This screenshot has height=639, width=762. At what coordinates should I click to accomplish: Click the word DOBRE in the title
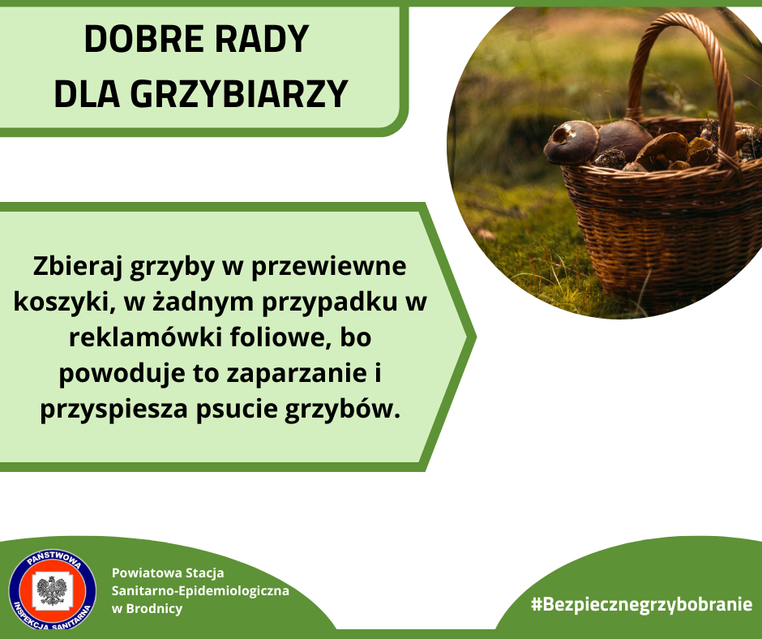point(143,38)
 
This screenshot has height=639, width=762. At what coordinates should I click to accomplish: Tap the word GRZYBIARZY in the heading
point(239,94)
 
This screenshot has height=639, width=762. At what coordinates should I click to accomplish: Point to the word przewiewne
point(328,267)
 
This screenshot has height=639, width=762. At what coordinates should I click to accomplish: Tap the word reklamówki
point(145,337)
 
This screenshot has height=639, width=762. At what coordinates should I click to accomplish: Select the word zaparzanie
point(297,374)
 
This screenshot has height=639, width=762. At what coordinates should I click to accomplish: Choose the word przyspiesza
point(113,410)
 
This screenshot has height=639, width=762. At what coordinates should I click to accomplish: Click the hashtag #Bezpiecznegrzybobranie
point(641,604)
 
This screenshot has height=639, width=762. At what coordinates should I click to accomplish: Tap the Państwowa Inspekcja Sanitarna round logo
point(53,590)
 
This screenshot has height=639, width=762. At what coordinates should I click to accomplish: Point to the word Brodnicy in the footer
point(154,609)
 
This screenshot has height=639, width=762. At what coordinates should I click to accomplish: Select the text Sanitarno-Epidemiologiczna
point(200,591)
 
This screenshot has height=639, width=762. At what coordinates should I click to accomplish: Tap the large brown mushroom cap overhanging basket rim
point(571,142)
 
